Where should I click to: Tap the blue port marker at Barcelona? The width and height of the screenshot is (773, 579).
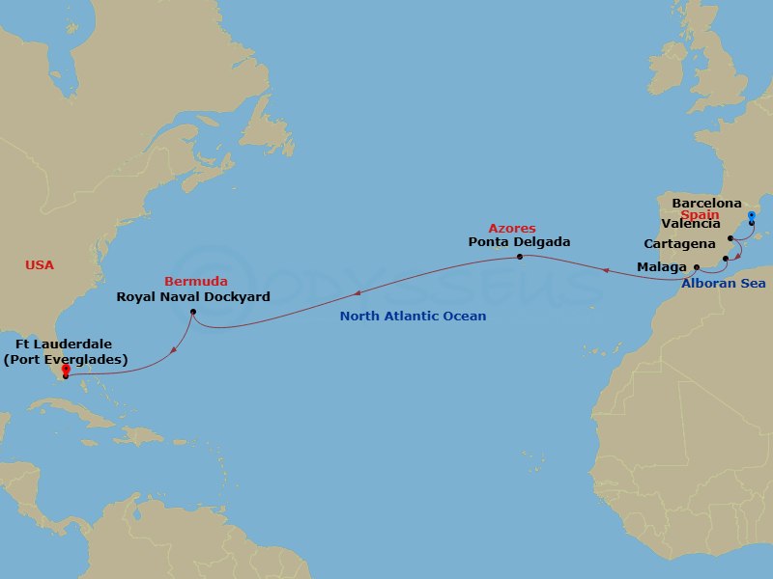pyautogui.click(x=752, y=216)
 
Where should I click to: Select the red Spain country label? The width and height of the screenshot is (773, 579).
pyautogui.click(x=700, y=214)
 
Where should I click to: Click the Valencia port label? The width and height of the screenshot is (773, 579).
pyautogui.click(x=691, y=224)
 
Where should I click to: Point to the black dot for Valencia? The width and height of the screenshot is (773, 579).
pyautogui.click(x=731, y=237)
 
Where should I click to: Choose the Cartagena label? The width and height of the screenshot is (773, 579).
pyautogui.click(x=679, y=244)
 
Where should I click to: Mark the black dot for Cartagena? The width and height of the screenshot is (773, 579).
pyautogui.click(x=725, y=259)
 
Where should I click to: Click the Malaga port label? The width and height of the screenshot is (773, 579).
pyautogui.click(x=662, y=265)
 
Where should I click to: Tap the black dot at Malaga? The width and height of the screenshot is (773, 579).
pyautogui.click(x=697, y=265)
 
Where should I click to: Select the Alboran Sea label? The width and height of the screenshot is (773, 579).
pyautogui.click(x=723, y=284)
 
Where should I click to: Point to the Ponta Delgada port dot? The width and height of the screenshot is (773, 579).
pyautogui.click(x=520, y=257)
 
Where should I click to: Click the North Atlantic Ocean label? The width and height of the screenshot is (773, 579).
pyautogui.click(x=413, y=316)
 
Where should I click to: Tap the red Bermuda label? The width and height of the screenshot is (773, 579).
pyautogui.click(x=196, y=281)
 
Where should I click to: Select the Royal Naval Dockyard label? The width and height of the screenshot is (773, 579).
pyautogui.click(x=193, y=296)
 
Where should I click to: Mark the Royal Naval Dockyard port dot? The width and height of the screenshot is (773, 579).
pyautogui.click(x=193, y=312)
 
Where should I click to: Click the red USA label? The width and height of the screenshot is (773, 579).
pyautogui.click(x=40, y=264)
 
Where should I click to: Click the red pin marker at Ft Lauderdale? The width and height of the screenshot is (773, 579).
pyautogui.click(x=65, y=370)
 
